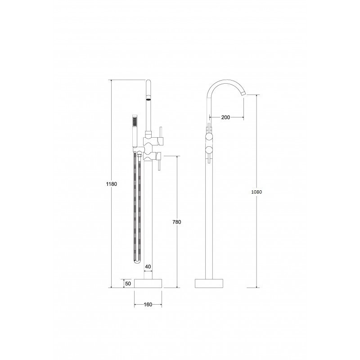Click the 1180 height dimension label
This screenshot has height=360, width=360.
pyautogui.click(x=111, y=184)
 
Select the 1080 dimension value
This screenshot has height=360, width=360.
pyautogui.click(x=256, y=192)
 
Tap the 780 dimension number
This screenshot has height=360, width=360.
pyautogui.click(x=177, y=222)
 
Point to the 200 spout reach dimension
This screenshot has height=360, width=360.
pyautogui.click(x=225, y=117)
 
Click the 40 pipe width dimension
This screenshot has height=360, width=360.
pyautogui.click(x=148, y=266)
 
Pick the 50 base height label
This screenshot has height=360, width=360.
pyautogui.click(x=128, y=283)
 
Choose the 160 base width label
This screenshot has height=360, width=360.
pyautogui.click(x=148, y=305)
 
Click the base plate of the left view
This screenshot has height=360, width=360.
pyautogui.click(x=148, y=283)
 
